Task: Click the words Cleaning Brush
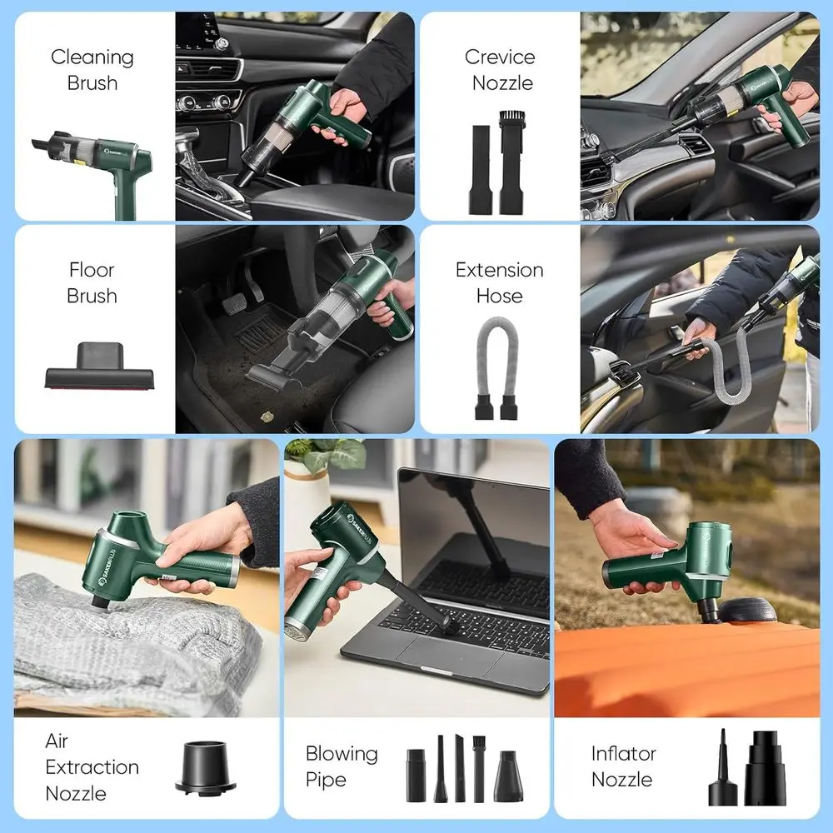(92, 70)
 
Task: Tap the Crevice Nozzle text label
(499, 70)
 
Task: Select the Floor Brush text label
(92, 282)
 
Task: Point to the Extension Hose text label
(499, 282)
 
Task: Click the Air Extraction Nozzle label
(92, 766)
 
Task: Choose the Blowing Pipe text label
(342, 766)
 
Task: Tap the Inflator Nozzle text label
(622, 766)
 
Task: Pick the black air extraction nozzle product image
(205, 767)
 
